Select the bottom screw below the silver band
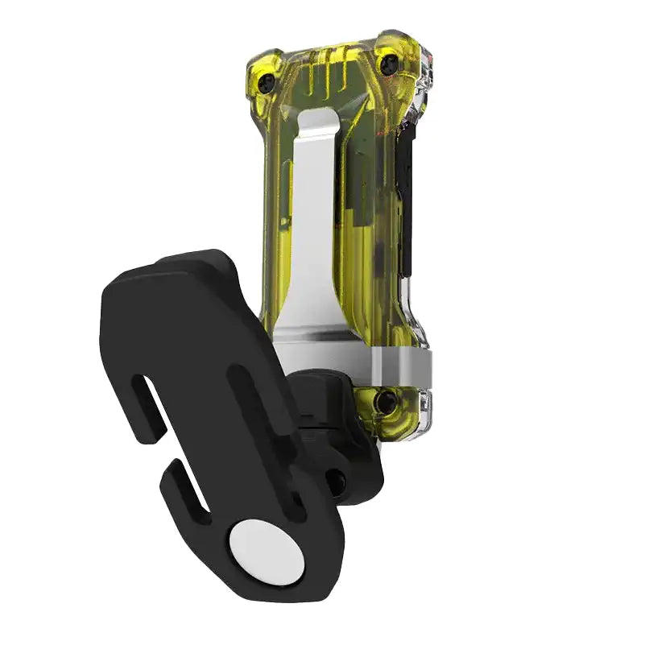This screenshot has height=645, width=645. (387, 400)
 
